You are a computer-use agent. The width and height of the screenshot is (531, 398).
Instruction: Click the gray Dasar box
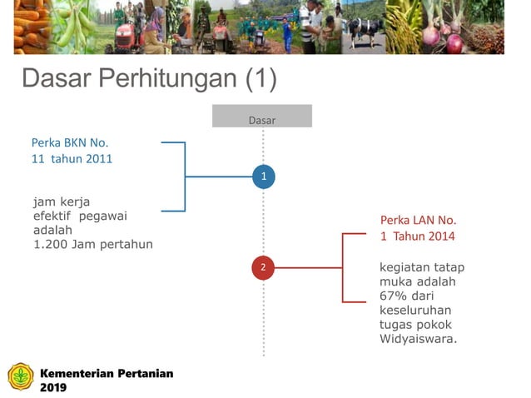click(261, 117)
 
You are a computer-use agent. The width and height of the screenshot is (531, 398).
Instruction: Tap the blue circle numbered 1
click(263, 177)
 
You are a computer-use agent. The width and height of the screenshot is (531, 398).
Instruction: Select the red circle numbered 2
click(263, 267)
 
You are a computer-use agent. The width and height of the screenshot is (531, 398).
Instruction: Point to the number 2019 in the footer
click(53, 387)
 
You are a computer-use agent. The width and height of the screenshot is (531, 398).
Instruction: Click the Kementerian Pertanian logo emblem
click(21, 377)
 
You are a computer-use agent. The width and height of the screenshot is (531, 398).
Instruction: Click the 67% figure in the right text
click(393, 296)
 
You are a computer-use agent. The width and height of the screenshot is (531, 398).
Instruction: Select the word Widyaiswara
click(418, 339)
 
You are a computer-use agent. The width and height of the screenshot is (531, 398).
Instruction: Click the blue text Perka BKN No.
click(70, 142)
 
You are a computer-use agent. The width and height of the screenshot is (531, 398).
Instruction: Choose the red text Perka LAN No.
click(419, 221)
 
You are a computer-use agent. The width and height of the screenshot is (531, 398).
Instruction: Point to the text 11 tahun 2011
click(72, 158)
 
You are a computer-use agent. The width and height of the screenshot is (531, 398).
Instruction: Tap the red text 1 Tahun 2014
click(418, 236)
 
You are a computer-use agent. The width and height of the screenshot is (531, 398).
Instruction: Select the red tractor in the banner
click(125, 37)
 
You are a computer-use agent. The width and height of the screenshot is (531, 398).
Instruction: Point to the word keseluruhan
click(415, 311)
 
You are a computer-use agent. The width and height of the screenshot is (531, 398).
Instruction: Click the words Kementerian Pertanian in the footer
click(107, 373)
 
